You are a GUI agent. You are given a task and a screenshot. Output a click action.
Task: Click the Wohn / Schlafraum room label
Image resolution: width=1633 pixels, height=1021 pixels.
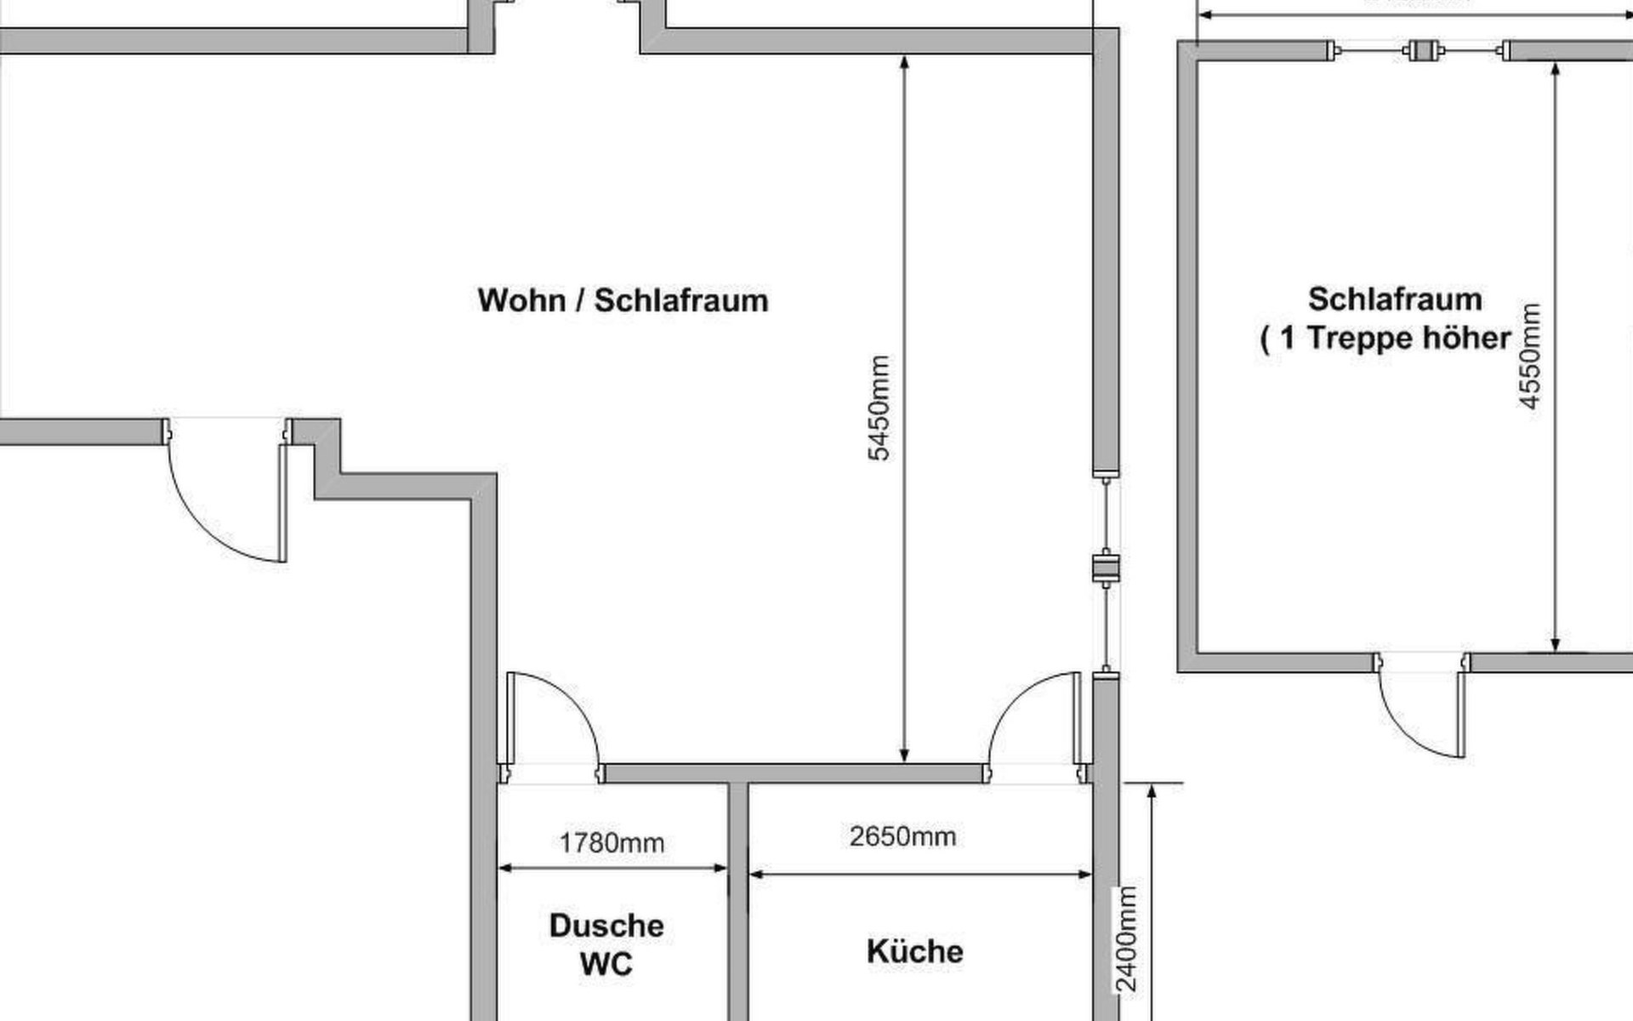pyautogui.click(x=623, y=300)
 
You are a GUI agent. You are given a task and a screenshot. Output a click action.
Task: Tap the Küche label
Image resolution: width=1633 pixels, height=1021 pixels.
pyautogui.click(x=914, y=951)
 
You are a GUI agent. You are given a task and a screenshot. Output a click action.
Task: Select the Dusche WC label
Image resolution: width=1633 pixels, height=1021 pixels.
pyautogui.click(x=606, y=944)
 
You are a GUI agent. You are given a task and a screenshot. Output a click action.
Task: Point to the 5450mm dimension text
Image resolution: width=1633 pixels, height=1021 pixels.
pyautogui.click(x=879, y=408)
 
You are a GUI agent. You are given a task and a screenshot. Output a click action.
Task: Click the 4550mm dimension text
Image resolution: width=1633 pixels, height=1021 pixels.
pyautogui.click(x=1529, y=356)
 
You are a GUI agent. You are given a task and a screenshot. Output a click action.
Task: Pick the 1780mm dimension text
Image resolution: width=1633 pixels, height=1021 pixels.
pyautogui.click(x=612, y=843)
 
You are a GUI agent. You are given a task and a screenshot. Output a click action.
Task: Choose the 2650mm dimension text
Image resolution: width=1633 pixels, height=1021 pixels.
pyautogui.click(x=902, y=836)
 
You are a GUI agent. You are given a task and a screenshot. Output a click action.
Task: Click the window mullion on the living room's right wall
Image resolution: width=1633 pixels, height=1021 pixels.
pyautogui.click(x=1106, y=568)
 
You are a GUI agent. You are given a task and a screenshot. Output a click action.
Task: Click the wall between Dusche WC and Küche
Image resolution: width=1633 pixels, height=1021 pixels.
pyautogui.click(x=737, y=902)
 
